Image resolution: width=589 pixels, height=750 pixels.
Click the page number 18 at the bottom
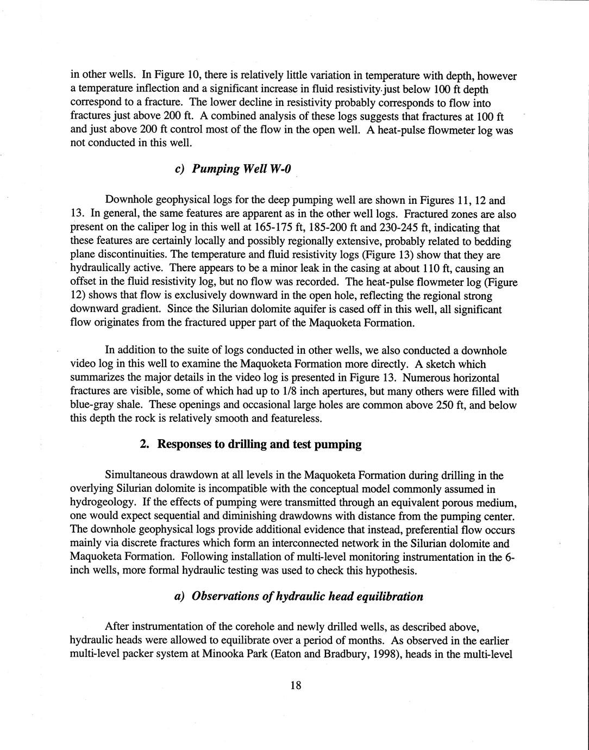(295, 685)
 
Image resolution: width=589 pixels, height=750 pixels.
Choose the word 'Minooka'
(222, 654)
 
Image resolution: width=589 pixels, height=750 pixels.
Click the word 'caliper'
(137, 228)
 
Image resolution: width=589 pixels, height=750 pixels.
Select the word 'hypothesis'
(390, 571)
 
